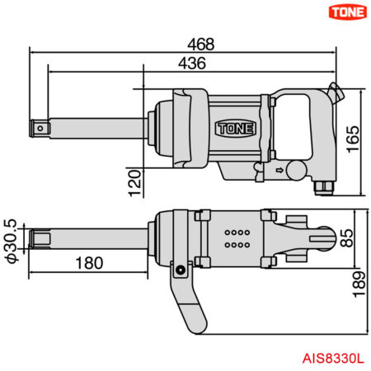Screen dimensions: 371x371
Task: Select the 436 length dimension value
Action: [190, 63]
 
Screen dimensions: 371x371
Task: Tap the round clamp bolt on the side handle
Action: [178, 268]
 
